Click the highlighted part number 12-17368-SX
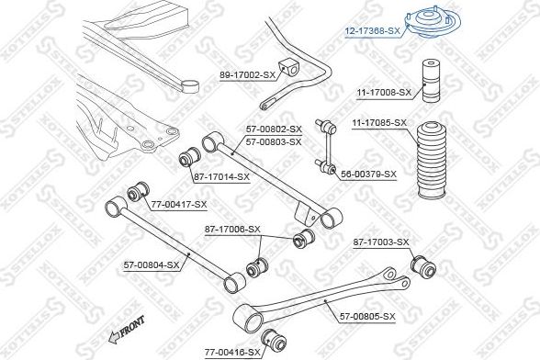coord(372,30)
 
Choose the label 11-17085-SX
coord(378,123)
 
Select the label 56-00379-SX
coord(367,174)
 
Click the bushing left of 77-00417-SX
coord(141,191)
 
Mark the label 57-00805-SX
coord(366,316)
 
